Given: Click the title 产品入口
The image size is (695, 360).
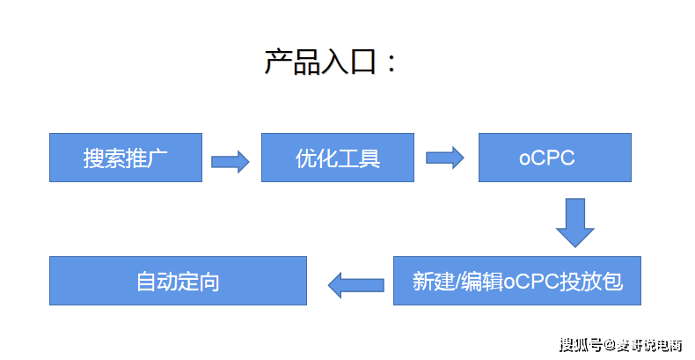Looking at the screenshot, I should click(x=321, y=62).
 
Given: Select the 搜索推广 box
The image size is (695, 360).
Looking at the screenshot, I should click(x=126, y=158).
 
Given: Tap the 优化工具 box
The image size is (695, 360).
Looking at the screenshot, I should click(x=338, y=158).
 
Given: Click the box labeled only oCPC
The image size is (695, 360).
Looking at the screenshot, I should click(x=554, y=158).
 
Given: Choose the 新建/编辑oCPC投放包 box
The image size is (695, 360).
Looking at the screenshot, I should click(x=517, y=281).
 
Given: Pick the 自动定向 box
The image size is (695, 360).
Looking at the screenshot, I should click(x=178, y=281).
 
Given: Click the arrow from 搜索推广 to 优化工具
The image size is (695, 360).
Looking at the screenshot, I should click(x=230, y=162).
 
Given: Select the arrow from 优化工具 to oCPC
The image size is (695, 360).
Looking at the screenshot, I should click(x=445, y=158).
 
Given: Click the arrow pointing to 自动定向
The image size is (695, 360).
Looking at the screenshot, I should click(x=356, y=284).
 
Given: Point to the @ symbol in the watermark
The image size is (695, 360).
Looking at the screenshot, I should click(x=609, y=345).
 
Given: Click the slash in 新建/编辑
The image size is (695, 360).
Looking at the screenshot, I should click(x=457, y=283).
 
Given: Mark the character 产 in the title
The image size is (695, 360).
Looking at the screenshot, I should click(x=279, y=62).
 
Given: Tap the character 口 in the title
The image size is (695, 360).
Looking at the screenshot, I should click(x=363, y=62).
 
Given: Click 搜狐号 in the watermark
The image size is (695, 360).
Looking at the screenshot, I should click(x=581, y=345).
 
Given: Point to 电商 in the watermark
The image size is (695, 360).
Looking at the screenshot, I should click(x=669, y=345).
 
